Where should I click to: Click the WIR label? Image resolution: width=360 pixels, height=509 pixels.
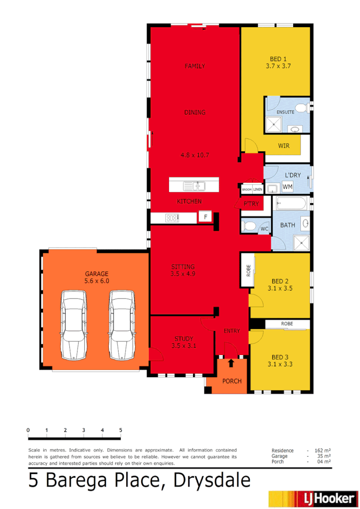click(283, 146)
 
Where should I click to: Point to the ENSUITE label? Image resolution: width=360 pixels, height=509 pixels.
click(285, 112)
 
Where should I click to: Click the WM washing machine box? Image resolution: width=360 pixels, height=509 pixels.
click(287, 187)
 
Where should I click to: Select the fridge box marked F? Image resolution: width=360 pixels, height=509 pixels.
click(205, 218)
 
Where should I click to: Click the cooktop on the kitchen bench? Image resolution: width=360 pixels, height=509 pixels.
click(172, 218)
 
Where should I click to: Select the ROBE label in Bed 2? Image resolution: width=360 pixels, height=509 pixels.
click(248, 270)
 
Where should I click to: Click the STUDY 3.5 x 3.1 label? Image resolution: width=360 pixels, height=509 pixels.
click(184, 342)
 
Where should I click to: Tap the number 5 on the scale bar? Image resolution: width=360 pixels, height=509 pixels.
click(121, 430)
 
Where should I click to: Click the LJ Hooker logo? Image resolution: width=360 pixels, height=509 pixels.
click(312, 498)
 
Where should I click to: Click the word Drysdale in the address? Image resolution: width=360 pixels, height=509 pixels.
click(212, 481)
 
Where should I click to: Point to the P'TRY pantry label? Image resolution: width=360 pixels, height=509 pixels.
click(251, 204)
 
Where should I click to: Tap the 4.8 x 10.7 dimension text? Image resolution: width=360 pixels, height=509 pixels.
click(195, 154)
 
